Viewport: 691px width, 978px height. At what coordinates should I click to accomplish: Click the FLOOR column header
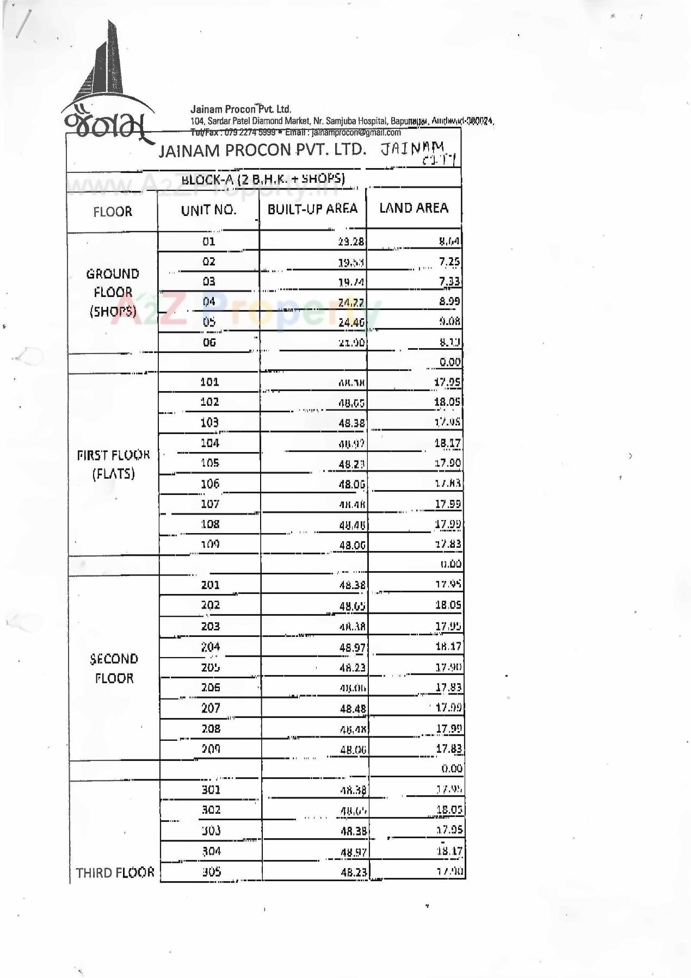113,212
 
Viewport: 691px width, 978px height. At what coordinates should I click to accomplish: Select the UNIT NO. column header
209,211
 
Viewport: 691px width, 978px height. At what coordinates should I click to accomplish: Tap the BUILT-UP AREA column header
312,209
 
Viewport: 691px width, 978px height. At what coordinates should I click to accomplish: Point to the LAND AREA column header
414,208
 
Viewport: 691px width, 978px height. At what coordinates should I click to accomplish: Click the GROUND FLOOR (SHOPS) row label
113,292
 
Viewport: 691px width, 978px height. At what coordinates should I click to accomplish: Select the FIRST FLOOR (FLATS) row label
113,464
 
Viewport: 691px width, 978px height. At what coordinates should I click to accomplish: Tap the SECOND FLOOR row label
114,668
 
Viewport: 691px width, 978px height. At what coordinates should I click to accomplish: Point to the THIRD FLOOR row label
115,872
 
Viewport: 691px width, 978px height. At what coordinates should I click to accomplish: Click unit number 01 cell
209,242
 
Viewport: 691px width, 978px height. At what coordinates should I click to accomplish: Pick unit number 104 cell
210,443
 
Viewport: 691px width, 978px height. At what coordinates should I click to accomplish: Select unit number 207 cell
211,708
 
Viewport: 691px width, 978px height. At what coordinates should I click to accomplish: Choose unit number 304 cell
212,851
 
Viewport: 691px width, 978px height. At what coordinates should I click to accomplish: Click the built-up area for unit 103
352,423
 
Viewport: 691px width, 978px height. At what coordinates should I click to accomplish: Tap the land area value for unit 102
447,402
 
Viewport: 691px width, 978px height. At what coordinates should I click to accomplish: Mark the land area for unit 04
449,301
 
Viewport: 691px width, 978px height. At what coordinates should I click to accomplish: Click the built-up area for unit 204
353,647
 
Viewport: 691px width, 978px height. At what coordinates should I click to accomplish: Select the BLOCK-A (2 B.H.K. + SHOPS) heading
263,178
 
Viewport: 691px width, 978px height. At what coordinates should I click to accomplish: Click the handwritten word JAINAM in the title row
412,148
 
